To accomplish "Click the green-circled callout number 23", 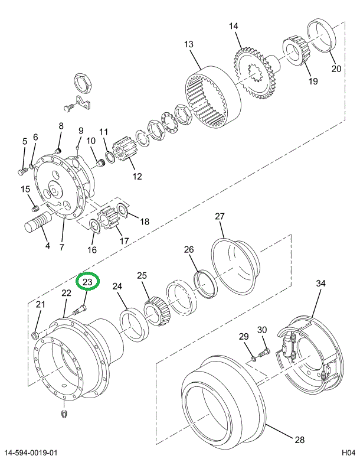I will [87, 282].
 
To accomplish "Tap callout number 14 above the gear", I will [234, 26].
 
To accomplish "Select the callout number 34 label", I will [320, 284].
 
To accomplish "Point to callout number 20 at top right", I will [336, 68].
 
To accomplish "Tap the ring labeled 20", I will [322, 37].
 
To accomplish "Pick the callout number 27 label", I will [220, 217].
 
